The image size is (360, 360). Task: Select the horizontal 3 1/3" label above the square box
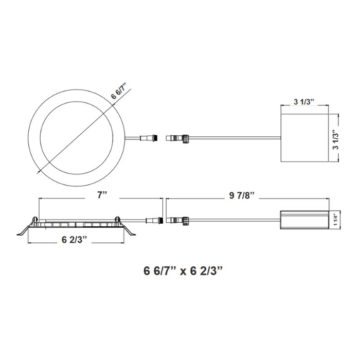tap(304, 102)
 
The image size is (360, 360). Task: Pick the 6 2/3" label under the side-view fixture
tap(74, 240)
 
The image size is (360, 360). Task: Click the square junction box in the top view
tap(303, 138)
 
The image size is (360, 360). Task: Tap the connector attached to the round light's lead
tap(151, 138)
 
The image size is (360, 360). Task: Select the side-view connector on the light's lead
tap(154, 222)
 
